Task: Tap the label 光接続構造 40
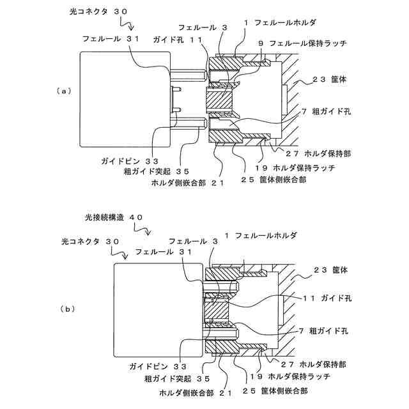coord(113,217)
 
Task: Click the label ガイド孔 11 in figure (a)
coord(178,40)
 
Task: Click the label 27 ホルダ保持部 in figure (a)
coord(319,153)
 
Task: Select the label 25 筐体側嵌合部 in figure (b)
coord(275,390)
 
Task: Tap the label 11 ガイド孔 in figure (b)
coord(325,298)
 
